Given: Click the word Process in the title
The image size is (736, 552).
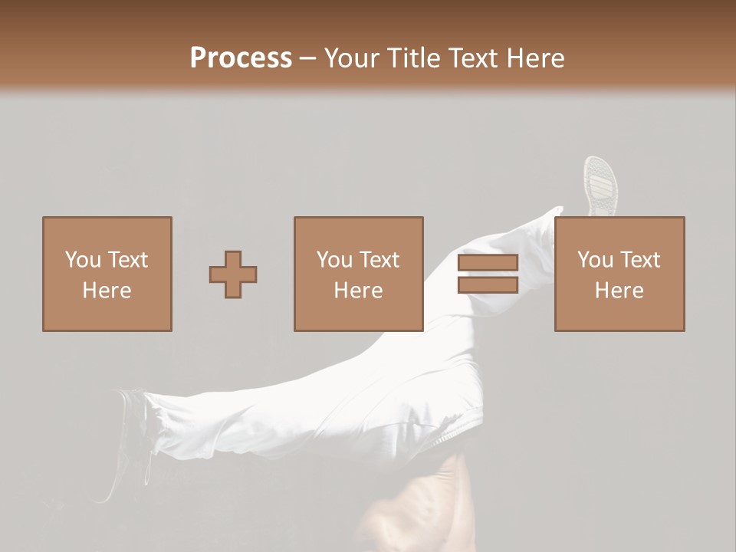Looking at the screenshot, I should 241,58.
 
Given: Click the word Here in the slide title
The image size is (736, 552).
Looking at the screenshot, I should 537,58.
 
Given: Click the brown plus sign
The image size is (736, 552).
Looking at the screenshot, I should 233,274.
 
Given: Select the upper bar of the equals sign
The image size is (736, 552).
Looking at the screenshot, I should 488,263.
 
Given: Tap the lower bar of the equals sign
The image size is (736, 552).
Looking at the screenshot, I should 488,285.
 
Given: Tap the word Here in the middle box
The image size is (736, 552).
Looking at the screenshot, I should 358,291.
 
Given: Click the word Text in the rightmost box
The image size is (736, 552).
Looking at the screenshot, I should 639,260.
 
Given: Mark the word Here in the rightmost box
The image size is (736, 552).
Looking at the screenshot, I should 619,291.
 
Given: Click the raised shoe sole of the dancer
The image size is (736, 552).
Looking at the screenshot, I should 600,184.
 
